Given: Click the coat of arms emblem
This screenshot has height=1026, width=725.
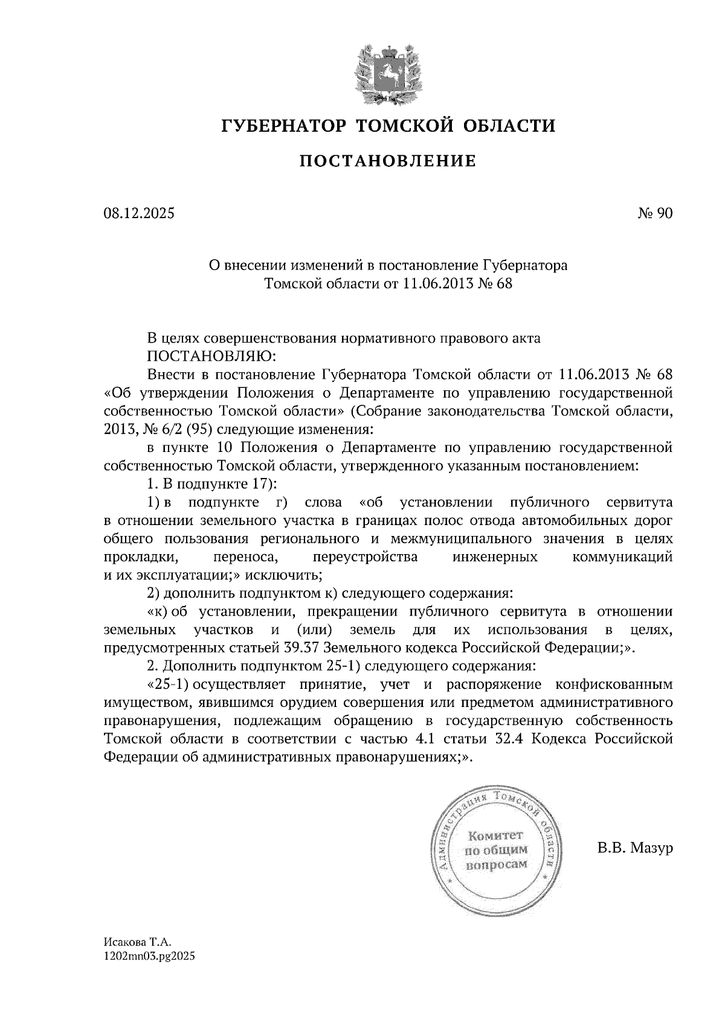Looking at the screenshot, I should pyautogui.click(x=388, y=73).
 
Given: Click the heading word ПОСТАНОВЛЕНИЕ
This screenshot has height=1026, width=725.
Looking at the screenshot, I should pyautogui.click(x=388, y=161).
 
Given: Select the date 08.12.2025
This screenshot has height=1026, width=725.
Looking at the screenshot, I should pyautogui.click(x=138, y=213).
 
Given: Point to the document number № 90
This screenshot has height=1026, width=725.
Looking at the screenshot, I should pyautogui.click(x=654, y=213).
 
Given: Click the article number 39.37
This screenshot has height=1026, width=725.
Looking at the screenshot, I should pyautogui.click(x=301, y=648).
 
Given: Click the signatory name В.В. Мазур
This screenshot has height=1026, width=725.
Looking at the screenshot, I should pyautogui.click(x=635, y=848).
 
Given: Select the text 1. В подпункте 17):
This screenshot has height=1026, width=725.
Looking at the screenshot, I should pyautogui.click(x=211, y=484).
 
